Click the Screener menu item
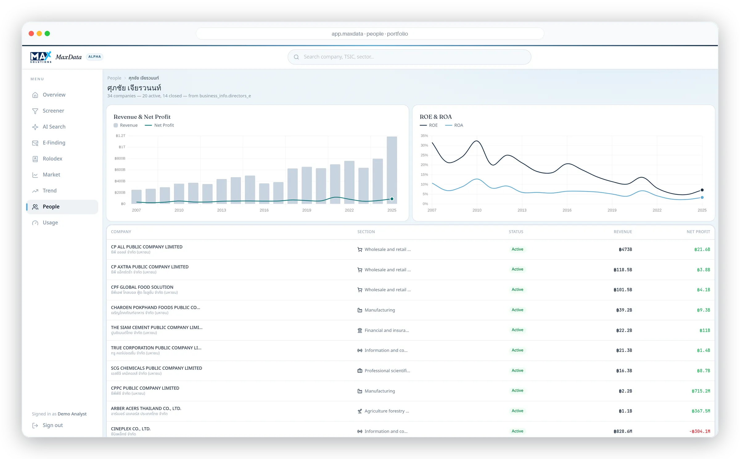[53, 111]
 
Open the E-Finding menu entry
[54, 143]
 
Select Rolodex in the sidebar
[52, 159]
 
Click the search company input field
[409, 57]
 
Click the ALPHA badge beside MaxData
[94, 57]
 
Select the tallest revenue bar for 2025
[392, 170]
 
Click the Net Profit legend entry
[159, 125]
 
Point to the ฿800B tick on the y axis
[120, 158]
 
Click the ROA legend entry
[454, 125]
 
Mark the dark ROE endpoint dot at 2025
[702, 190]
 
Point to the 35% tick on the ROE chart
[424, 136]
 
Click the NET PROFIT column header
[698, 232]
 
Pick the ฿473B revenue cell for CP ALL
[625, 249]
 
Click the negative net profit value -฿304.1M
[700, 432]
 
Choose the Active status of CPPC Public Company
[517, 391]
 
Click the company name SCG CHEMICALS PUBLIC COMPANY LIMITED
[156, 368]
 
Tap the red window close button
[31, 34]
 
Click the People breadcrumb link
[114, 78]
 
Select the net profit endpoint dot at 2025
[392, 199]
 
